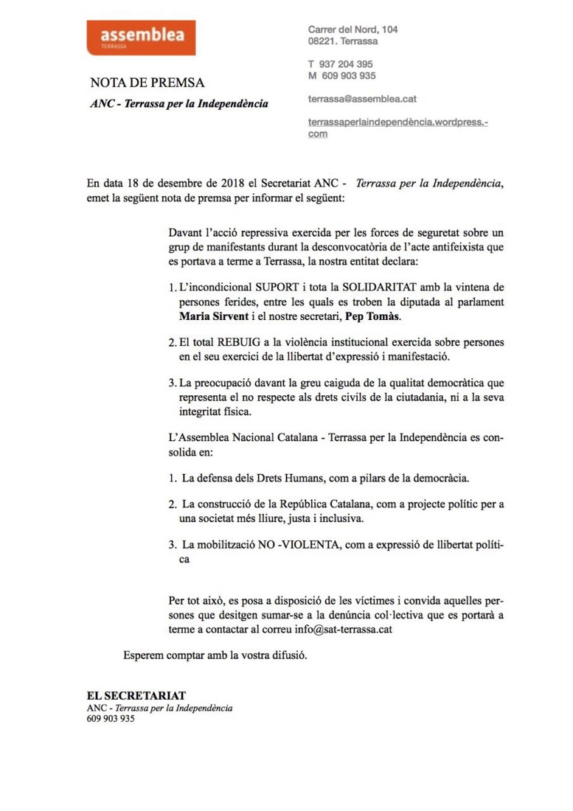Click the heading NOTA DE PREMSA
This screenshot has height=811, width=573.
pos(147,83)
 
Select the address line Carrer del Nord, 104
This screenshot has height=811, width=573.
pos(353,29)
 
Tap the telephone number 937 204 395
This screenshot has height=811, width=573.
pos(347,64)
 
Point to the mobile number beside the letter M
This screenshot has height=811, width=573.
pos(349,76)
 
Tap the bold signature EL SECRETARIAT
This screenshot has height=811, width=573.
pos(136,695)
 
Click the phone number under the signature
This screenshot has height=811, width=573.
pos(111,720)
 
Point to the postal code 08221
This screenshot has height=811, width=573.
pos(324,41)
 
